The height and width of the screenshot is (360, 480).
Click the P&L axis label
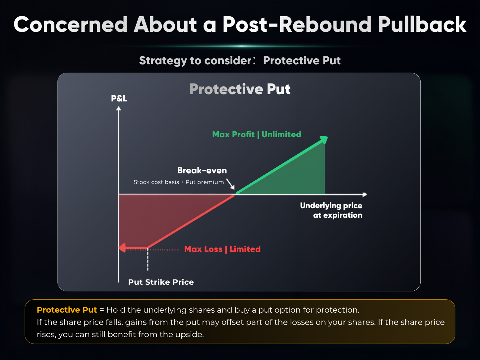[119, 98]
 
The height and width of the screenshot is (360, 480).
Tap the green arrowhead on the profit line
[324, 140]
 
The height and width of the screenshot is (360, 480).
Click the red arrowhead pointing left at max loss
[122, 248]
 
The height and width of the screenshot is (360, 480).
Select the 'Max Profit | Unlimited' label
[257, 134]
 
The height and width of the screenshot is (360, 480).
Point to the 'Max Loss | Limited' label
[222, 249]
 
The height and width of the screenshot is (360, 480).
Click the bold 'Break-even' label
[202, 170]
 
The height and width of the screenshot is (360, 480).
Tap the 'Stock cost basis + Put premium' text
[179, 182]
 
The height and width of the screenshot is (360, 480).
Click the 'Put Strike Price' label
[161, 282]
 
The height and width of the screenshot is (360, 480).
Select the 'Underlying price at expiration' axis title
[331, 210]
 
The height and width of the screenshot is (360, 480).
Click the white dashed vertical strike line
[148, 260]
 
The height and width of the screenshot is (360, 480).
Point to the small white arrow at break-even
[230, 184]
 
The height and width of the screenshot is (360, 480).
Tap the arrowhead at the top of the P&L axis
[119, 108]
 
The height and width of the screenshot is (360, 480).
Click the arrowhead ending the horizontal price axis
[365, 195]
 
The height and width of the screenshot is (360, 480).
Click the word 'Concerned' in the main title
[70, 25]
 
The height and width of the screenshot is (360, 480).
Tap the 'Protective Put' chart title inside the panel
[240, 89]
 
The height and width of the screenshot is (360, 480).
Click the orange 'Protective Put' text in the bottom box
[67, 310]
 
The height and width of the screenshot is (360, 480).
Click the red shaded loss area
[153, 216]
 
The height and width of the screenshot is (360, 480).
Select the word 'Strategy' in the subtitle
[163, 61]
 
